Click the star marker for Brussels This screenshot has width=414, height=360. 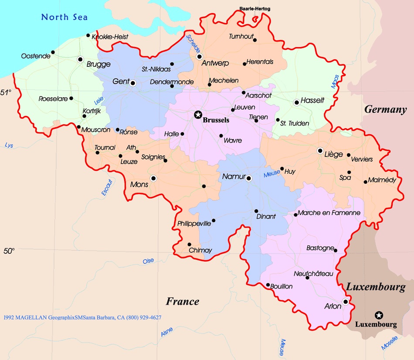click(x=198, y=115)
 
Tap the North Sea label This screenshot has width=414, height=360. click(x=64, y=17)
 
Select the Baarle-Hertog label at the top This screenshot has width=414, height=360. click(x=255, y=9)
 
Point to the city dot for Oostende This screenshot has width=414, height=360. click(x=53, y=52)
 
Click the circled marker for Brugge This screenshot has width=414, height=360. click(x=80, y=59)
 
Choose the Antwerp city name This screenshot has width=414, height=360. click(x=215, y=64)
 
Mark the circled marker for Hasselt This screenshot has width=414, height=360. click(x=297, y=102)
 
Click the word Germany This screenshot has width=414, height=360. click(x=385, y=109)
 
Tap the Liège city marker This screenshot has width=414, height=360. click(x=320, y=150)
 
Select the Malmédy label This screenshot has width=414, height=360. click(x=382, y=180)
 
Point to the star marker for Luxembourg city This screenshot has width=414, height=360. click(x=379, y=315)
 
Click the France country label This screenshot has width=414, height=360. click(x=182, y=301)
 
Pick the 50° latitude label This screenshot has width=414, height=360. click(x=9, y=251)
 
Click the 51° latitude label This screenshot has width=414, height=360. click(x=6, y=92)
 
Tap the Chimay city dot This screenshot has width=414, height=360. click(x=189, y=245)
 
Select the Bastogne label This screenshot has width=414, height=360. click(x=319, y=248)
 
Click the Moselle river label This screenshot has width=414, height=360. click(x=389, y=343)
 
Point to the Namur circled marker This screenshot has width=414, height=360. click(x=249, y=178)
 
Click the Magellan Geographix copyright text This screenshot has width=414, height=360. click(x=82, y=317)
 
